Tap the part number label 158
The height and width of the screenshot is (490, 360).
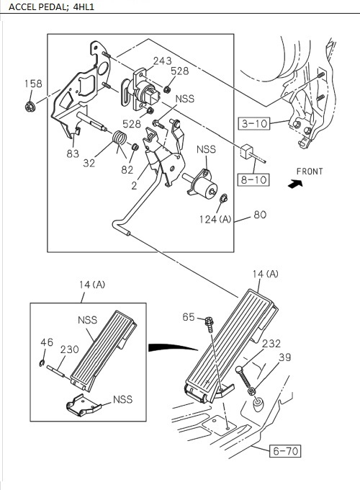tap(33, 84)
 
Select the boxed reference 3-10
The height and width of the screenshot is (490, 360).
tap(253, 123)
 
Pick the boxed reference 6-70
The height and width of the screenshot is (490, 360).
tap(285, 452)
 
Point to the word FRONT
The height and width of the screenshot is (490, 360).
tap(309, 171)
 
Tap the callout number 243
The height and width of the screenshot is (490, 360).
tap(162, 61)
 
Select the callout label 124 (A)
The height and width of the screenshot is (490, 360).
tap(215, 218)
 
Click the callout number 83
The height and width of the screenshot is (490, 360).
tap(72, 153)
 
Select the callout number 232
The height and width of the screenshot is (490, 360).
tap(271, 344)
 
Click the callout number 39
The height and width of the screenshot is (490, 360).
tap(286, 358)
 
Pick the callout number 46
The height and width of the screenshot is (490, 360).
tap(46, 342)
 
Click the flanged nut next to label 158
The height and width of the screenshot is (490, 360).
tap(31, 107)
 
